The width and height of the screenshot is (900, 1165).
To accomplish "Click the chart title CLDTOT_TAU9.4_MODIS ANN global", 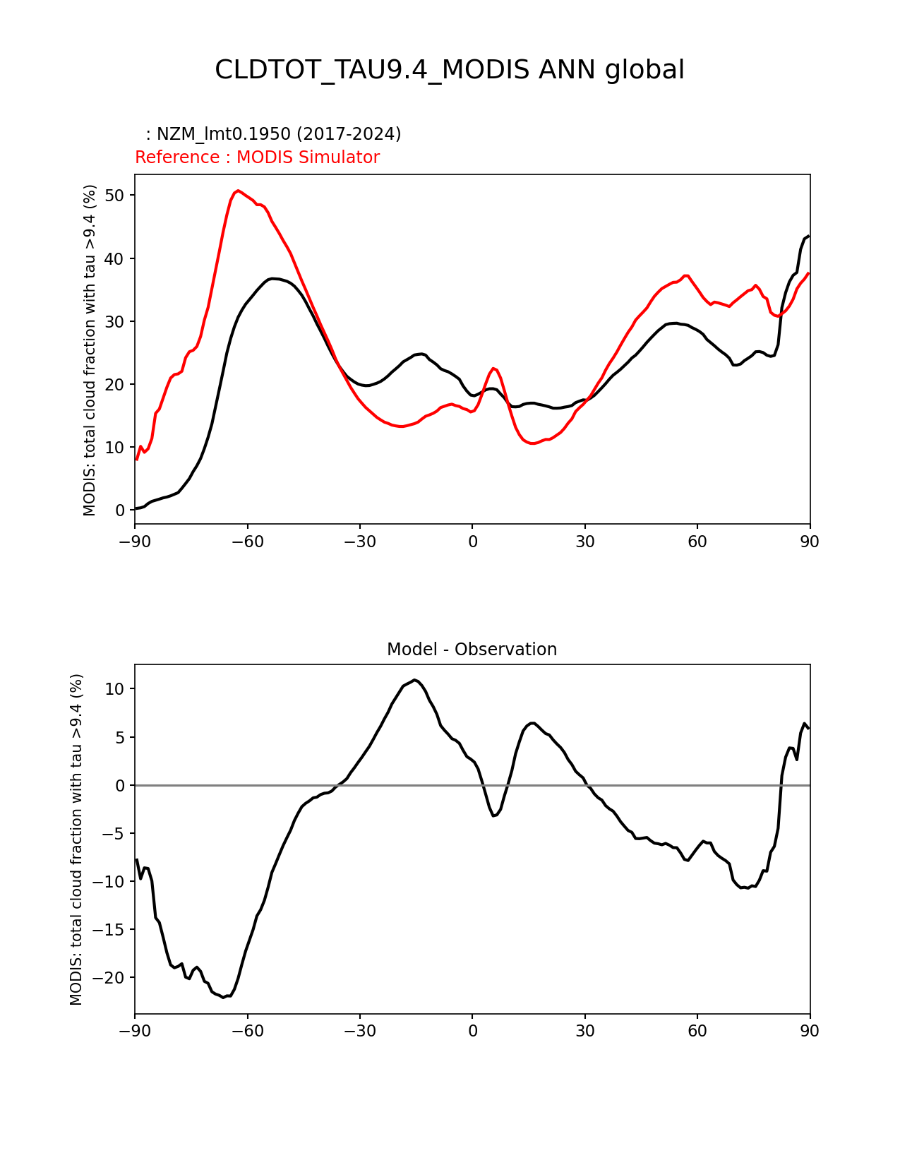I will pos(450,70).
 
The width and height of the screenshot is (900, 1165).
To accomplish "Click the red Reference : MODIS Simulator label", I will pos(257,157).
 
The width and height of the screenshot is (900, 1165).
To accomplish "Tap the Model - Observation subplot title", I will pos(472,650).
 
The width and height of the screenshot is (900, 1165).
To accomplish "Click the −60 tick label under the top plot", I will pos(247,542).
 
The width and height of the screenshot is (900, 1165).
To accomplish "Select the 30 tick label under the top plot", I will pos(584,542).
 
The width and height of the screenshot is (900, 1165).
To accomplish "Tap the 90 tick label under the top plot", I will pos(810,542).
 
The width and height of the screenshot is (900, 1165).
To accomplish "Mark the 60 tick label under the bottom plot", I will pos(697,1031).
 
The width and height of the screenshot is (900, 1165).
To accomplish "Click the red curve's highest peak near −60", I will pos(238,191).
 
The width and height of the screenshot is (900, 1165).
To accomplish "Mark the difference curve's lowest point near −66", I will pos(223,997).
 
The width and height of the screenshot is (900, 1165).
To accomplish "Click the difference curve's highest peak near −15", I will pos(415,679).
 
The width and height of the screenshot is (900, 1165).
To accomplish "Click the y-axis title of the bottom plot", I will pos(77,839).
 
